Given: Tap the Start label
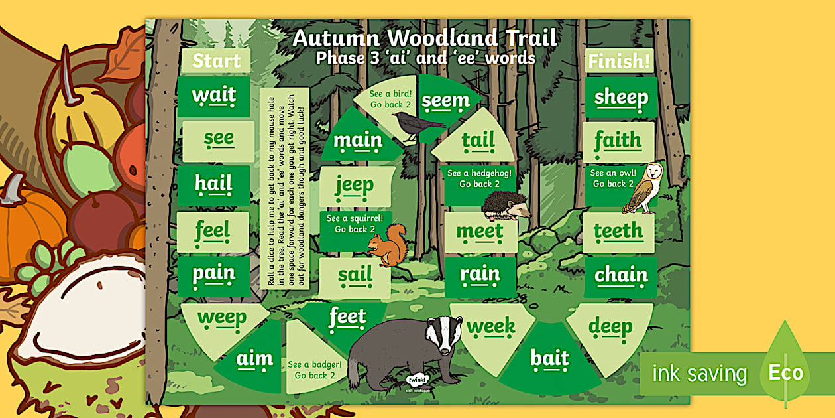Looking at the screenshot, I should (216, 61).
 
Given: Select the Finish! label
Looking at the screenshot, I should (620, 62).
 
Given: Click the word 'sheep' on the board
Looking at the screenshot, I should (621, 97).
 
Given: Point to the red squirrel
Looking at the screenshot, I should (388, 245).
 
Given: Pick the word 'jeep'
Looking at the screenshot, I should (354, 186).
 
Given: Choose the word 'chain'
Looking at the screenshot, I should (621, 274).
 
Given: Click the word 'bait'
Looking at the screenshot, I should (549, 359).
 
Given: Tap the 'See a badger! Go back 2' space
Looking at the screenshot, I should (315, 370).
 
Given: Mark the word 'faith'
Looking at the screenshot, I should (618, 140).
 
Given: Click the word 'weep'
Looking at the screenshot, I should (221, 318).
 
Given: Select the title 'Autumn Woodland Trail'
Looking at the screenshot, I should (425, 38).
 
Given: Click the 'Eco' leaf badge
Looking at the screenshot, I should (785, 372).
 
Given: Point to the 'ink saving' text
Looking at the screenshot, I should (699, 374).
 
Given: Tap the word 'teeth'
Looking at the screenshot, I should (618, 231).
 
